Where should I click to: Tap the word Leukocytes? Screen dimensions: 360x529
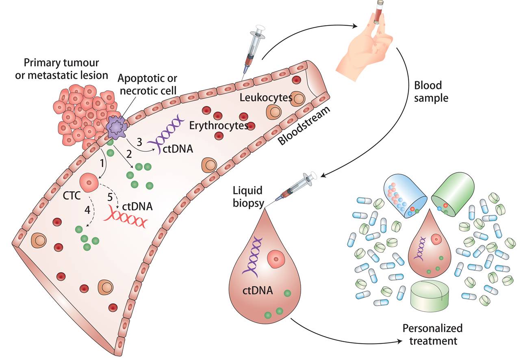point(266,98)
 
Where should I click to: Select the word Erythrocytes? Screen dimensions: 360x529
point(219,126)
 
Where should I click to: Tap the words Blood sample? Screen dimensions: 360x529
point(431,92)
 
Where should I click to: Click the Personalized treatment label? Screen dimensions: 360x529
point(432,334)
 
